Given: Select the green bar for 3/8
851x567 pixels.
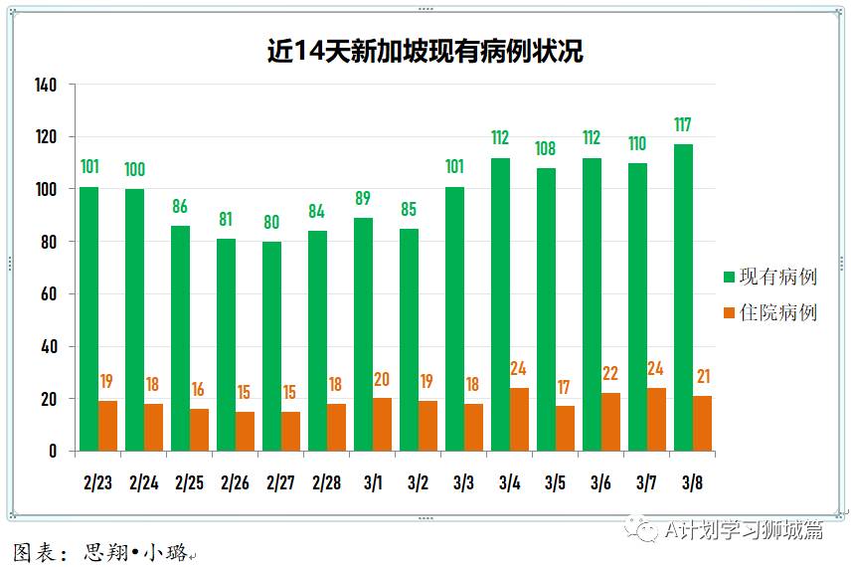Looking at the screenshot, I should [x=683, y=298].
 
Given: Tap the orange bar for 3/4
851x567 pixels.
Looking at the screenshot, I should [x=519, y=420].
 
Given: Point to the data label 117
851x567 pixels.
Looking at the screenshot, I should [x=683, y=125].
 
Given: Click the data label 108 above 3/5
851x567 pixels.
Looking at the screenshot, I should [x=546, y=149].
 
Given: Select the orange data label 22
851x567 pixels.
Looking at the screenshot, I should [x=610, y=374].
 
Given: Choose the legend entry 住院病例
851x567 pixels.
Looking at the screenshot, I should [x=770, y=312].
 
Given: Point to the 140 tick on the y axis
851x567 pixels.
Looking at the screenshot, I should [x=46, y=85].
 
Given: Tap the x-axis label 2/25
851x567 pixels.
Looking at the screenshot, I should [x=189, y=483].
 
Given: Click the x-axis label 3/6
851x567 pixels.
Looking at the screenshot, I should [x=600, y=483].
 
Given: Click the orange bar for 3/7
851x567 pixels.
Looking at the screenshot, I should [x=656, y=420].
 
